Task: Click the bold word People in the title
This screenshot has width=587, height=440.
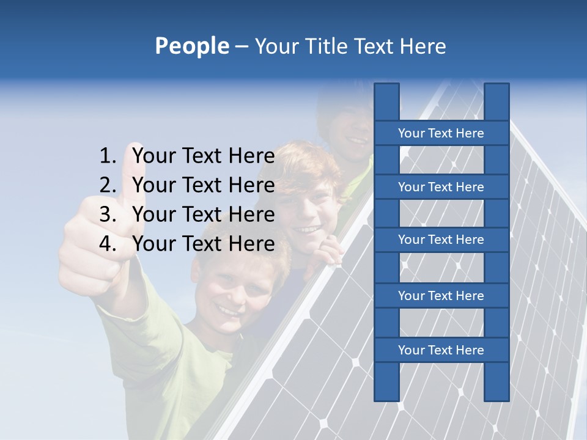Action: point(191,46)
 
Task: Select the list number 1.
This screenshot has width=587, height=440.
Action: point(108,156)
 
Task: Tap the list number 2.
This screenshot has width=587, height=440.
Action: point(108,185)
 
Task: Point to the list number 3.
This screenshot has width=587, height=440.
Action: point(108,215)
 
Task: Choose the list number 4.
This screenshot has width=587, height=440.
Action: point(108,244)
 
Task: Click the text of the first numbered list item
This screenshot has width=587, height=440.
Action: point(203,156)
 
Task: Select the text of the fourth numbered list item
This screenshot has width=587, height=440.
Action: point(203,244)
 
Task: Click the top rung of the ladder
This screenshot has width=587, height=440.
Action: point(441,133)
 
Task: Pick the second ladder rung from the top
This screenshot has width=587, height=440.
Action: point(441,187)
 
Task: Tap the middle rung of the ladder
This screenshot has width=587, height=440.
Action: point(441,240)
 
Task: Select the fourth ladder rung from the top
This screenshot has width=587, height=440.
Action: point(441,296)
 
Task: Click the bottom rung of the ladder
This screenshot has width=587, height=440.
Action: point(441,350)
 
